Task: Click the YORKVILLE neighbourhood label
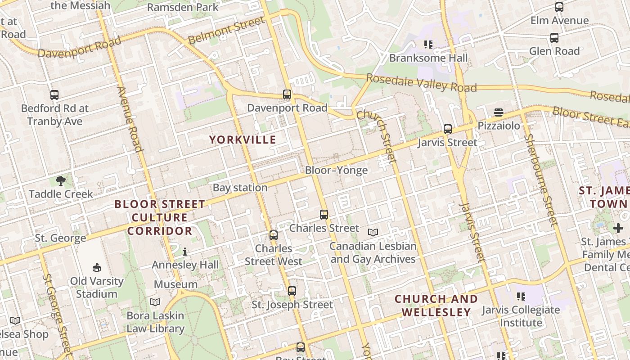(x=243, y=139)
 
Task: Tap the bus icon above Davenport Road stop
(x=287, y=94)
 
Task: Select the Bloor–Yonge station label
(x=336, y=170)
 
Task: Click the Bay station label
(x=240, y=188)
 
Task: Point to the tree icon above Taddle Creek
(x=61, y=181)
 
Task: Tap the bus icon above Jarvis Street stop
(x=447, y=129)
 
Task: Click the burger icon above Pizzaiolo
(x=499, y=112)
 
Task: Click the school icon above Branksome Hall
(x=428, y=44)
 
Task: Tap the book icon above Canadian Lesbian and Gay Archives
(x=373, y=232)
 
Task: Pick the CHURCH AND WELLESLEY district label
(x=436, y=306)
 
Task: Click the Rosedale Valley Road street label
(x=421, y=83)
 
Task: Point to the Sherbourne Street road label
(x=541, y=180)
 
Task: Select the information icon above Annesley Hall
(x=185, y=251)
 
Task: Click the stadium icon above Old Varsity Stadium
(x=96, y=268)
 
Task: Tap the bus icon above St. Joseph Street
(x=292, y=291)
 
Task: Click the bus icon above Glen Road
(x=554, y=38)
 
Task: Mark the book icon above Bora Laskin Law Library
(x=155, y=302)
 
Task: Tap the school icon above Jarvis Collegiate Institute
(x=521, y=296)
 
